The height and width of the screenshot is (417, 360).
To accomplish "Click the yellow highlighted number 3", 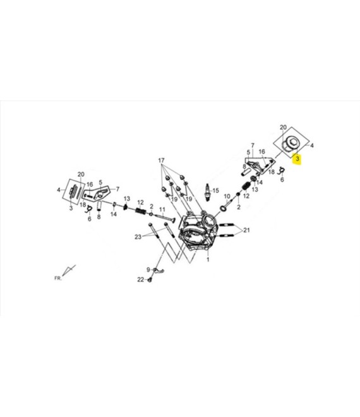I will pos(297,159).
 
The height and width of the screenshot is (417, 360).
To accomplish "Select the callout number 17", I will pos(161,159).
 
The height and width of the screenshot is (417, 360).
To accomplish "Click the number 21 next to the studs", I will pos(246,229).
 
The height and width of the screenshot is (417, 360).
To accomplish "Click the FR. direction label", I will pos(57,277).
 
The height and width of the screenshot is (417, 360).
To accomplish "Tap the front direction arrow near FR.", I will pos(70,270).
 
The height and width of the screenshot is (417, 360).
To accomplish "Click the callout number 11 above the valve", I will pos(162,210).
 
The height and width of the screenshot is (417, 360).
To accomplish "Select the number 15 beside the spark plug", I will pos(215,190).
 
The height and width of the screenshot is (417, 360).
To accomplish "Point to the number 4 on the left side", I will pos(58,190).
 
